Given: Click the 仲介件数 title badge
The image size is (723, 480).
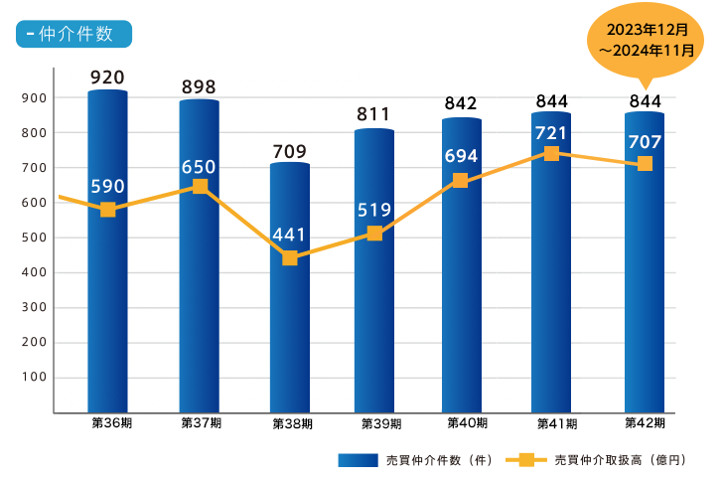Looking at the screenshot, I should (x=73, y=33).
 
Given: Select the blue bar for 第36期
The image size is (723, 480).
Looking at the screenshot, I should (x=107, y=298).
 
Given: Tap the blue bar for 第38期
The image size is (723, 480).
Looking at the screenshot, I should (x=290, y=328).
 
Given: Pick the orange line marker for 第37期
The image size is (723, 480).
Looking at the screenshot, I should (x=200, y=186).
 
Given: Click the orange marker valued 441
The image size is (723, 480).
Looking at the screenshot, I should (x=290, y=258).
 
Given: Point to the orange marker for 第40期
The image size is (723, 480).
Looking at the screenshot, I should (x=460, y=180).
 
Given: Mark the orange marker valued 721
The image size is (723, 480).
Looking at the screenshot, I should (x=551, y=153).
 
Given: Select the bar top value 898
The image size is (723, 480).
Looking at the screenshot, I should (x=199, y=87).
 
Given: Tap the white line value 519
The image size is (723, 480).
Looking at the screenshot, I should (x=374, y=210).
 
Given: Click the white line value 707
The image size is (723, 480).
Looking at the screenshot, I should (x=645, y=140).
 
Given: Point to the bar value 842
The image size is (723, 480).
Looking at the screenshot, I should (x=461, y=104).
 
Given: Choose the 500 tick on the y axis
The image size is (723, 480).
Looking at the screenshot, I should (x=33, y=238).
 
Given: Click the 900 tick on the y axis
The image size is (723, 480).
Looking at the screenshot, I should (x=33, y=97).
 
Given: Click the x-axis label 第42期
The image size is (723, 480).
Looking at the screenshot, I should (x=645, y=423).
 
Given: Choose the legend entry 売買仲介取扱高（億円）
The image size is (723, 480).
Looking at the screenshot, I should (x=596, y=460).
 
